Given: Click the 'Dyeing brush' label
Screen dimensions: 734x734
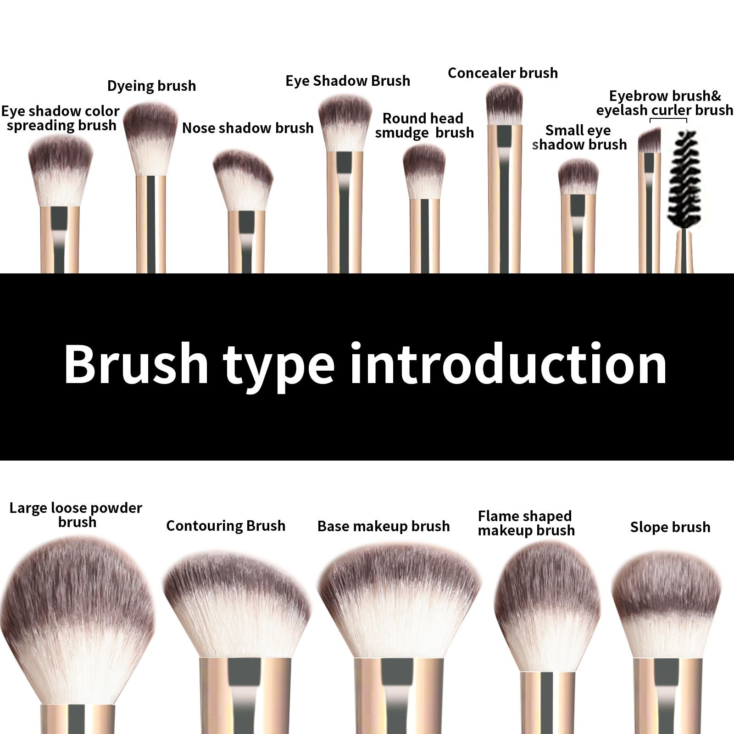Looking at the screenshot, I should [x=151, y=86].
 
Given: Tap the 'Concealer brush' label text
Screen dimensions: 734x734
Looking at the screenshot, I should [x=503, y=73].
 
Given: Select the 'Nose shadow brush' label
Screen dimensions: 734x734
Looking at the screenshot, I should [x=248, y=128].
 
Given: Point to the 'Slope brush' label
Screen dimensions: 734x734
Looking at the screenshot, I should [x=670, y=527].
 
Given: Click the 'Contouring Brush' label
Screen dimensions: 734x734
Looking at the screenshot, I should [x=226, y=526].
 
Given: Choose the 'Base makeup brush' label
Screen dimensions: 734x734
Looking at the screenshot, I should [x=384, y=526].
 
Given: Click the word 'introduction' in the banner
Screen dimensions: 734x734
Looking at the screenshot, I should [x=508, y=365].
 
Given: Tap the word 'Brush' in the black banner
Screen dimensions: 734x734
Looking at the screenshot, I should [x=136, y=365].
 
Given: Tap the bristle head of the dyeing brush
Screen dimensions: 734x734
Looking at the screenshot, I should [x=150, y=138].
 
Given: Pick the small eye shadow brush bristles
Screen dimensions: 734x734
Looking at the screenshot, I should [x=578, y=177].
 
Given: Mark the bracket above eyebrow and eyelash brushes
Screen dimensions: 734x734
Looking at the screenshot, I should [x=668, y=120].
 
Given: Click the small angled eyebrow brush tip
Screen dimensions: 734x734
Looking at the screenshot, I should [x=650, y=141].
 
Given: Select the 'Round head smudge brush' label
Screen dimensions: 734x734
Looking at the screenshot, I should [x=424, y=126].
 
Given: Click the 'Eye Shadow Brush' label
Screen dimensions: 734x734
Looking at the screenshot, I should [x=348, y=81].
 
